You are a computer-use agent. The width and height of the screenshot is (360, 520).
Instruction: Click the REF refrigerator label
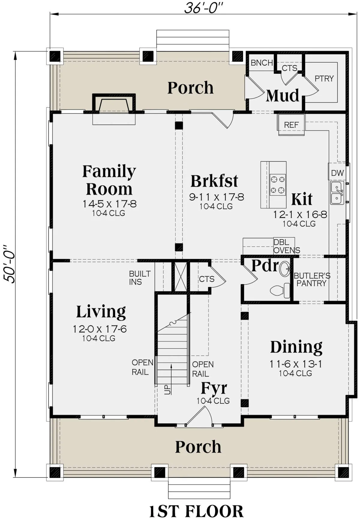tap(291, 125)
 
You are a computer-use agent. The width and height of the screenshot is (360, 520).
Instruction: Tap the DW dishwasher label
tap(337, 173)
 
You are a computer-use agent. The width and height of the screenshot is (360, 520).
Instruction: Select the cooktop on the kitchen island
tap(277, 185)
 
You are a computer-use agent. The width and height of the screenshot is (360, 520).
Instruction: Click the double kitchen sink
tap(337, 193)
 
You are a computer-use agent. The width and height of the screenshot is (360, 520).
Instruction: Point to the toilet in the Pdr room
tap(280, 290)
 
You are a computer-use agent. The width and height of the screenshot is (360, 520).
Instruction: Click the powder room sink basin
tap(285, 269)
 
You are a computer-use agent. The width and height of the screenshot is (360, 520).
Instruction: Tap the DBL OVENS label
tap(286, 246)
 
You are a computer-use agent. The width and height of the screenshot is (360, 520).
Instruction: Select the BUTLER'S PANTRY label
tap(312, 279)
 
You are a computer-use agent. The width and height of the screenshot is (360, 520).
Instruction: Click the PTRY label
tap(324, 79)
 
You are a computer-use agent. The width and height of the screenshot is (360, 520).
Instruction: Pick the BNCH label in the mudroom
tap(262, 63)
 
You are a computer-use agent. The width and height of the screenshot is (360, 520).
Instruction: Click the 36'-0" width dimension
tap(204, 8)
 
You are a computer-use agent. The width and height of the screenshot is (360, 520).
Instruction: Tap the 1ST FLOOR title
tap(196, 511)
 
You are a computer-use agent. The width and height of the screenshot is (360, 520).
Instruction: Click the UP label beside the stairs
tap(168, 389)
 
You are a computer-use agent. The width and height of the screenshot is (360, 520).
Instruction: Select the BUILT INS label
tap(140, 278)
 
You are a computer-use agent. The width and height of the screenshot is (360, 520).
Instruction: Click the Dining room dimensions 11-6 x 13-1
tap(296, 364)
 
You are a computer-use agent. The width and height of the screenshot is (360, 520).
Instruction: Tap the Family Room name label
tap(109, 180)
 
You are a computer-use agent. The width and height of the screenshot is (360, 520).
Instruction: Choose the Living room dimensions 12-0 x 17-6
tap(100, 329)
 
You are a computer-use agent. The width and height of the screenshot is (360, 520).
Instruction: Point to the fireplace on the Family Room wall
tap(114, 104)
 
